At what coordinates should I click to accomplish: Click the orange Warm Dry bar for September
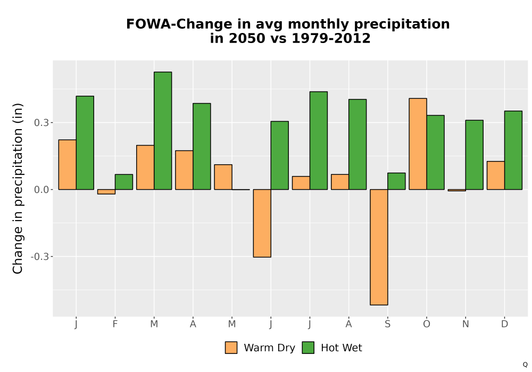click(379, 247)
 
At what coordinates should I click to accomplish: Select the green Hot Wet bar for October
click(435, 153)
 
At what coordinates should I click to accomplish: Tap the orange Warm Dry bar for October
click(418, 144)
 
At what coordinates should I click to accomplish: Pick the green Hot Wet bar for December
click(513, 150)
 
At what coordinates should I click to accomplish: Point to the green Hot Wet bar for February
click(124, 182)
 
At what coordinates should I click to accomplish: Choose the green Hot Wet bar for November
click(475, 155)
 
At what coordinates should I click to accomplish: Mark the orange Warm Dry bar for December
click(496, 175)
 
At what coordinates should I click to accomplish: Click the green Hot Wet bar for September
click(396, 181)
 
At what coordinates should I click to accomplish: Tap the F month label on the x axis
click(115, 324)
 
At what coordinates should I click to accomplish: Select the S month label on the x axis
click(387, 324)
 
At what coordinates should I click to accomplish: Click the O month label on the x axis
click(427, 324)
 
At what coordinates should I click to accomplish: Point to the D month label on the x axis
click(504, 324)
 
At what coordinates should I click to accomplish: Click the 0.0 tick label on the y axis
click(41, 190)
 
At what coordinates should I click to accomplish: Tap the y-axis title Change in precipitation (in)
click(18, 188)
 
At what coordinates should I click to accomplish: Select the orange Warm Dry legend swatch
click(231, 348)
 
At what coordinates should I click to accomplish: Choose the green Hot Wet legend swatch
click(308, 348)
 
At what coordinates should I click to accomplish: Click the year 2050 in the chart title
click(247, 38)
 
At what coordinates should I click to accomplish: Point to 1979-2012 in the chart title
click(331, 38)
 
